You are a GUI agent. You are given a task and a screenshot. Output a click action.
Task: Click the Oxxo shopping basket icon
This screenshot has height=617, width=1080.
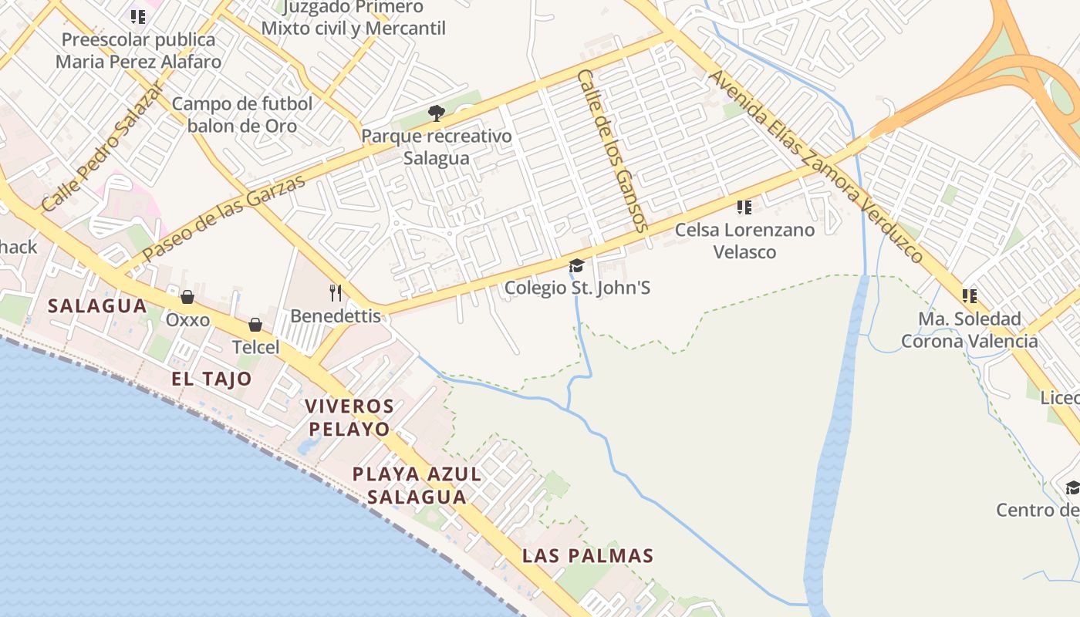[187, 297]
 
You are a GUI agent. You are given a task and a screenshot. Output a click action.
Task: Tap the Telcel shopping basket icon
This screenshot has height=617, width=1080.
[255, 325]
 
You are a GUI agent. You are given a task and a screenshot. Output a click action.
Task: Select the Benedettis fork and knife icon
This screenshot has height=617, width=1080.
[336, 292]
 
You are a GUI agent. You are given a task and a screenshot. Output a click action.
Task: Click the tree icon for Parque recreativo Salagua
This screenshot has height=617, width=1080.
[437, 114]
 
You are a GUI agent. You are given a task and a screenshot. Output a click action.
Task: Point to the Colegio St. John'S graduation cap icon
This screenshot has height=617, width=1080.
[576, 266]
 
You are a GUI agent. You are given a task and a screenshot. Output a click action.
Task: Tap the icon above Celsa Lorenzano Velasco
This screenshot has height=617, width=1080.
[744, 207]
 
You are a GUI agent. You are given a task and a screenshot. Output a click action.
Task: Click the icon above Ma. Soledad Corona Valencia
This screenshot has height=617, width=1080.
[970, 295]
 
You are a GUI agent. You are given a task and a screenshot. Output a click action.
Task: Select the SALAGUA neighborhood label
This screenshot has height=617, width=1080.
[97, 305]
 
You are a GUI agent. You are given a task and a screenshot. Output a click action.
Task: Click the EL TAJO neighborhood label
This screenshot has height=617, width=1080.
[211, 379]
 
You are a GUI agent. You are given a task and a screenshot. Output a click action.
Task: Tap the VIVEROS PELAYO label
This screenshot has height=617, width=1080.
[349, 417]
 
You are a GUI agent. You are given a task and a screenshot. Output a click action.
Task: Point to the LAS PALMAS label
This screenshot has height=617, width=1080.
[588, 555]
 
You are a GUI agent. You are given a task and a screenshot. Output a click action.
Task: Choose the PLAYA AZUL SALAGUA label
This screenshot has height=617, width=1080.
[417, 485]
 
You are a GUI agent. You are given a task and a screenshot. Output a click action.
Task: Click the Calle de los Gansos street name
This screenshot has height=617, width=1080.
[610, 150]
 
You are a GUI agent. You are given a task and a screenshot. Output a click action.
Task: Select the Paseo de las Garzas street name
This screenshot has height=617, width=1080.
[224, 216]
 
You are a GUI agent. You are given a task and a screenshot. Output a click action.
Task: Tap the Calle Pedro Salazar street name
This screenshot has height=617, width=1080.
[102, 147]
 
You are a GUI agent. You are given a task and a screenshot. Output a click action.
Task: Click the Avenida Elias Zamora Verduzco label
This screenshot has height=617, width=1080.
[815, 167]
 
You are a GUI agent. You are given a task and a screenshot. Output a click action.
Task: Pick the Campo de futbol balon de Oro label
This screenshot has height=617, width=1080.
[242, 114]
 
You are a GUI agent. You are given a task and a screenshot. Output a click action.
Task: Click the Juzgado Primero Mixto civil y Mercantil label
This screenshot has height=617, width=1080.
[353, 18]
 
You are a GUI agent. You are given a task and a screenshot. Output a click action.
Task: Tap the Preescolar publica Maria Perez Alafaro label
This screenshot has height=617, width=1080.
[139, 50]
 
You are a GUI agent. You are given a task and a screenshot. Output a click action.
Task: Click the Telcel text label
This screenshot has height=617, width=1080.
[255, 347]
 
